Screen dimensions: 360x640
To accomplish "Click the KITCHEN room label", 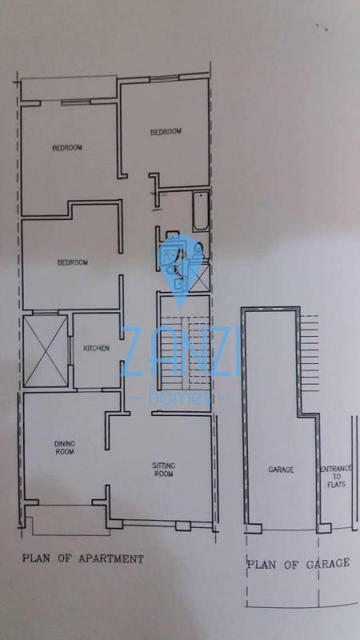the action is [96, 348].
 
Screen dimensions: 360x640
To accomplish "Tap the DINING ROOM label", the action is [65, 448].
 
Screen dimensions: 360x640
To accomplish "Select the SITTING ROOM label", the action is [164, 470].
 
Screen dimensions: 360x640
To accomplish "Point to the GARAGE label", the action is [282, 470].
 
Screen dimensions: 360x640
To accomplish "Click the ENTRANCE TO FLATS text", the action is [336, 477].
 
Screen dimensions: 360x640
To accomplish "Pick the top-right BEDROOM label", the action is [166, 132].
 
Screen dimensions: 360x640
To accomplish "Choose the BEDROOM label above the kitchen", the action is [73, 262].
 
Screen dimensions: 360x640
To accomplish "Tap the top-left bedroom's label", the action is [67, 148].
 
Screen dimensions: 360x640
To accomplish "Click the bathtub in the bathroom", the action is [201, 211].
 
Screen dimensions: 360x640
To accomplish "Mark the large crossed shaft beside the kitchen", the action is [46, 350].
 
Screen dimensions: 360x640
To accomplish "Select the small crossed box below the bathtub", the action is [202, 277].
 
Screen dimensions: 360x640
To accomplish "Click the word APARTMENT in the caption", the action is [110, 558].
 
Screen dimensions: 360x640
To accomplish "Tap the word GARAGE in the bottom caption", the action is [327, 564].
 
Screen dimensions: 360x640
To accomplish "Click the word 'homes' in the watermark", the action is [179, 395].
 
